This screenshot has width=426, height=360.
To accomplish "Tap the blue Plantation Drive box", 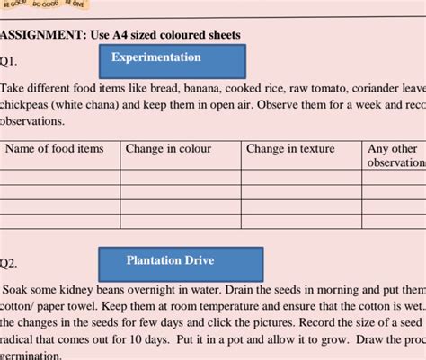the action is point(170,261).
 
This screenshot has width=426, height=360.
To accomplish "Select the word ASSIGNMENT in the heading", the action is point(40,35).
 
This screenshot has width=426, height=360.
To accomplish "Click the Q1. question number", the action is point(8,61).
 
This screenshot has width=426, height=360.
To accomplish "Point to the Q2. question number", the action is point(8,264).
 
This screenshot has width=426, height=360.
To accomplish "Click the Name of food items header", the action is point(55,149).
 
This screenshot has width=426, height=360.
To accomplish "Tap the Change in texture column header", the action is point(290,149).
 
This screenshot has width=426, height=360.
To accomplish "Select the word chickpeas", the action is point(29,105).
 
